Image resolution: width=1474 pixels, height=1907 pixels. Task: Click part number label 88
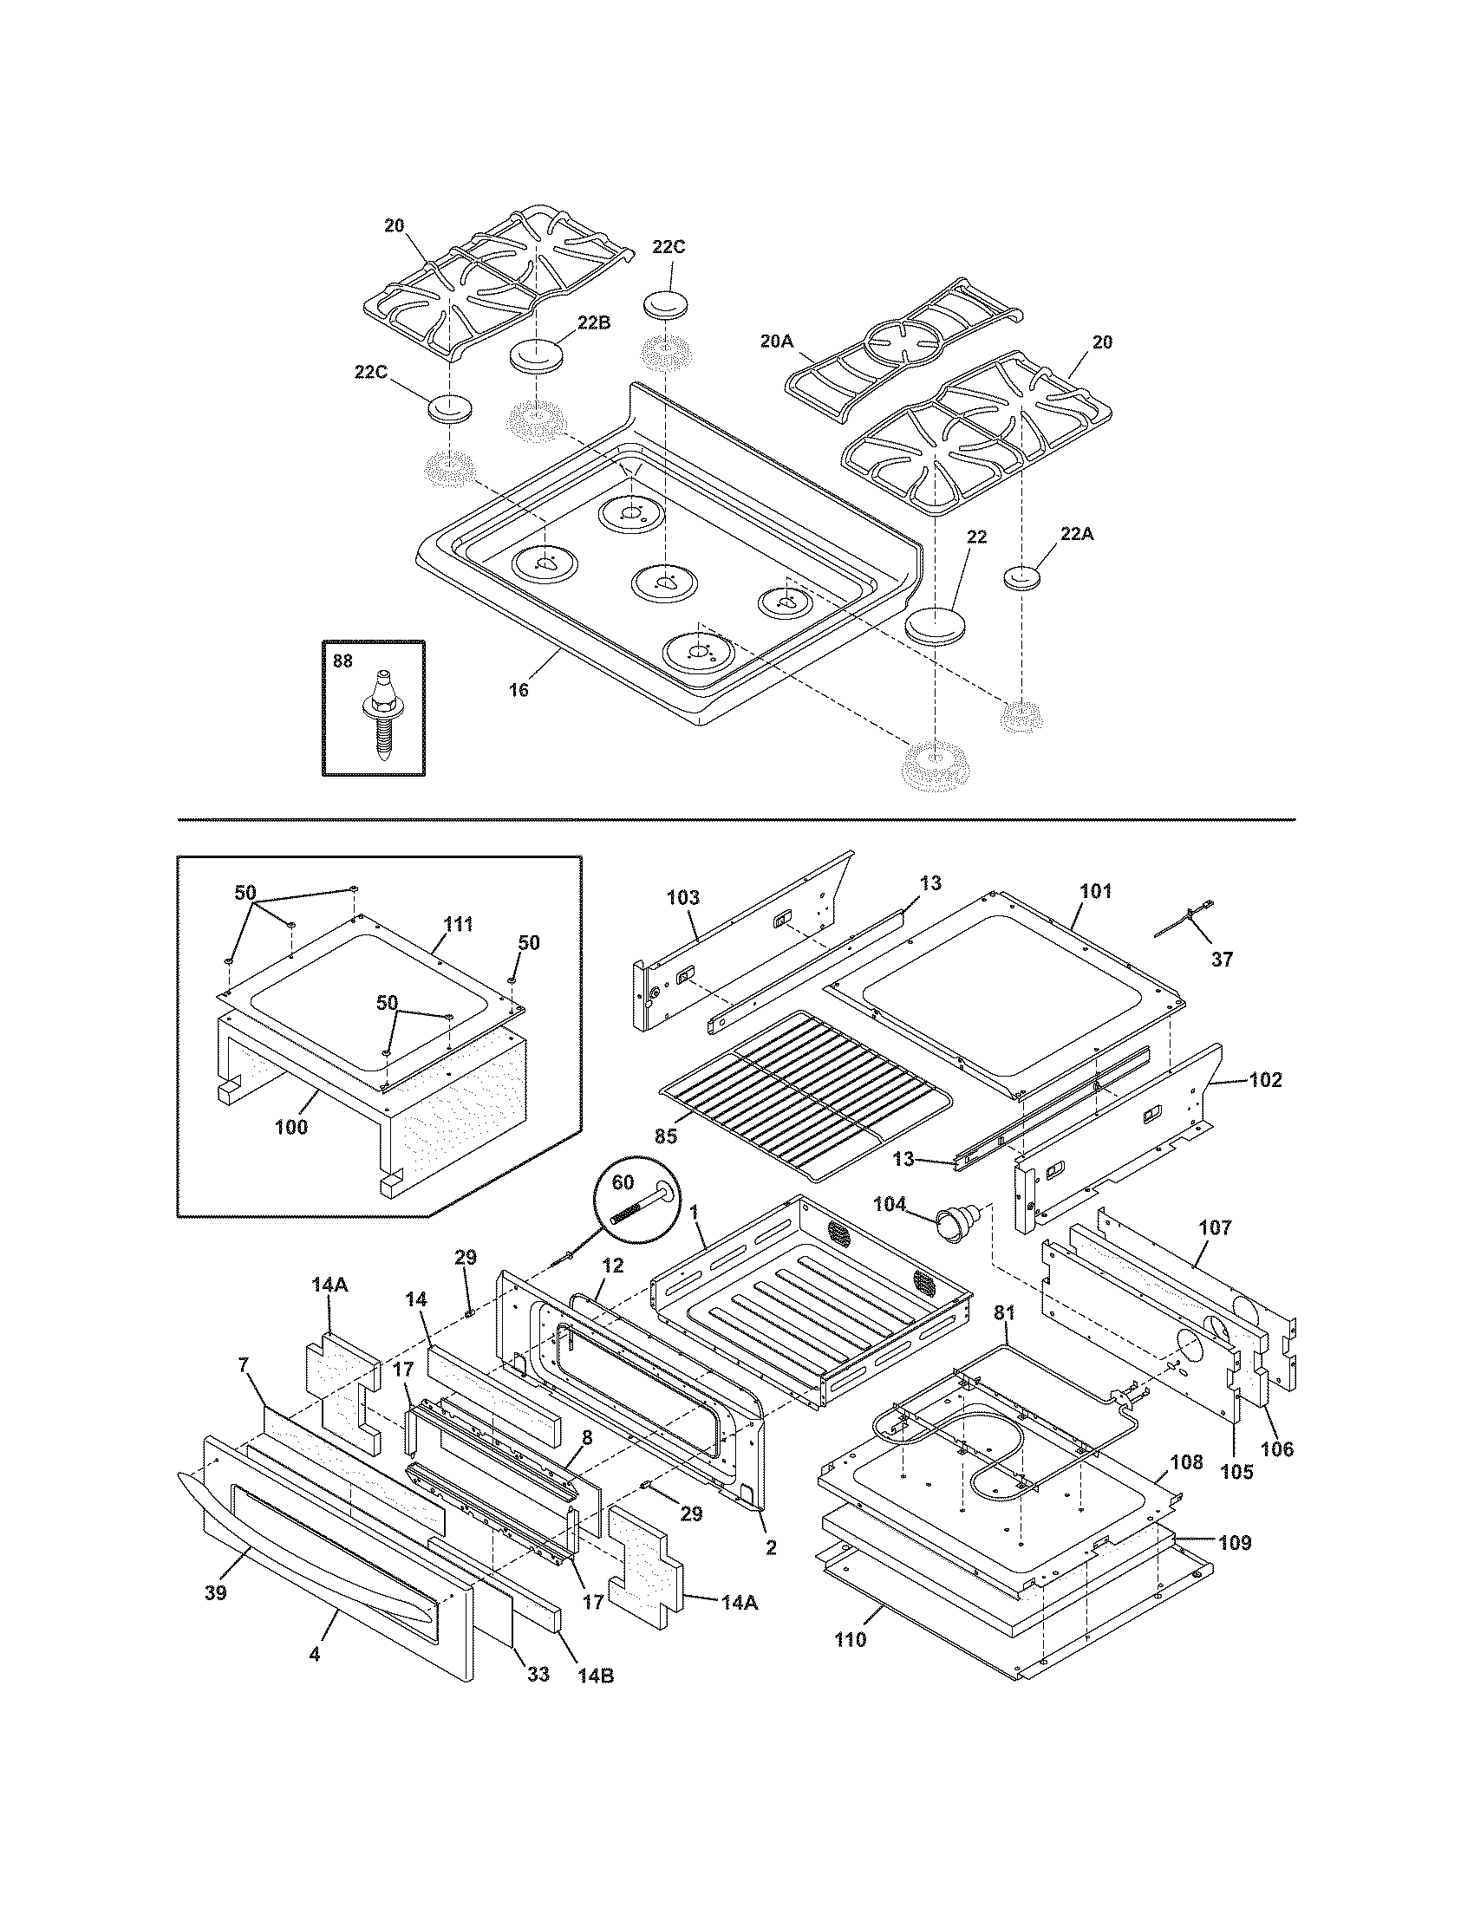click(342, 661)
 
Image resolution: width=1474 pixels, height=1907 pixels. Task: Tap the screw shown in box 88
click(382, 715)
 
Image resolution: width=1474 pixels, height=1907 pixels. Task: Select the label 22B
click(593, 322)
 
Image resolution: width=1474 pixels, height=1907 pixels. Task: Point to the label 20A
click(775, 342)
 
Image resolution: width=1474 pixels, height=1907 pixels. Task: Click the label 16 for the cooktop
click(519, 690)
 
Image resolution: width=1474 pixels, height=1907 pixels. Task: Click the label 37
click(1222, 960)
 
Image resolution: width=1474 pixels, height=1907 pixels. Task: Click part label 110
click(850, 1639)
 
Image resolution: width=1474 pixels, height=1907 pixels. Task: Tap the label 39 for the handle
click(215, 1591)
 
